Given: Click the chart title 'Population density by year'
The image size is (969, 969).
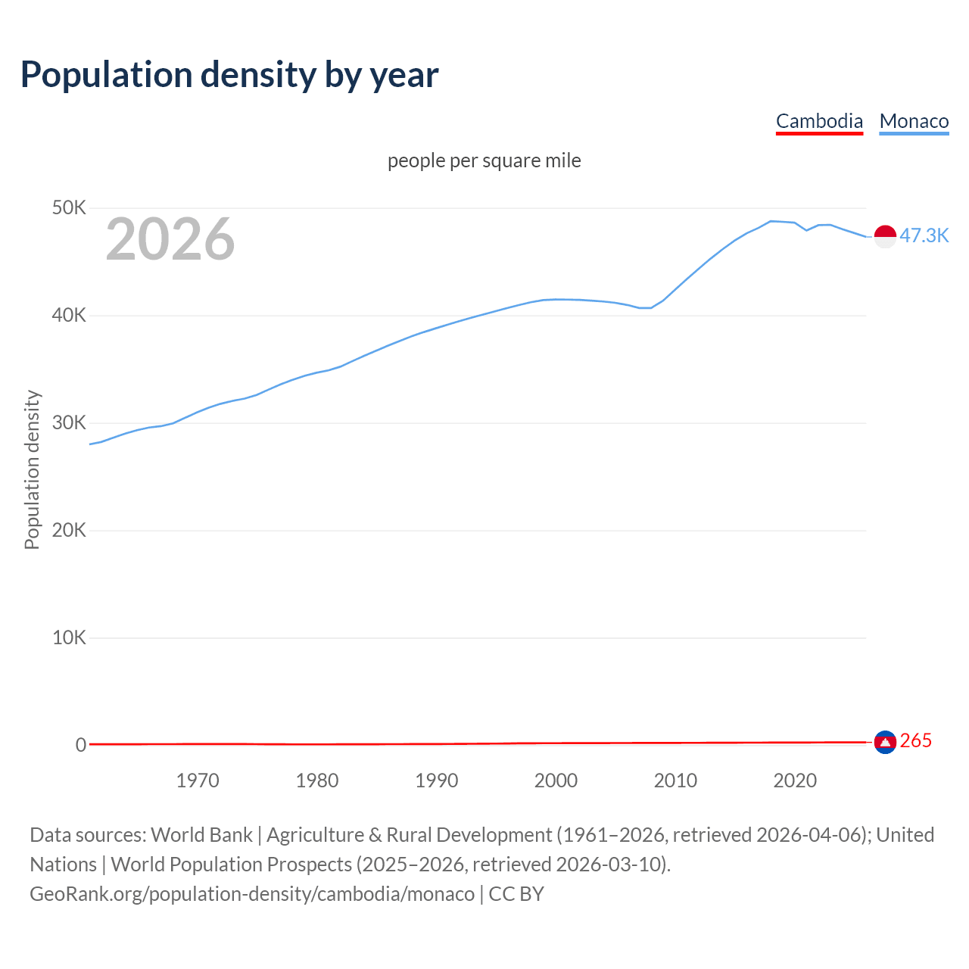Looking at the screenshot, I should tap(229, 75).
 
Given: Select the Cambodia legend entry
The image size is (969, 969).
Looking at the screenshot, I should tap(819, 121).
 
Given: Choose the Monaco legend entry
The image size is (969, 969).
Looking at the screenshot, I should tap(914, 121).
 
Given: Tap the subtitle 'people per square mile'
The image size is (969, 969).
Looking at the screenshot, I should tap(484, 160).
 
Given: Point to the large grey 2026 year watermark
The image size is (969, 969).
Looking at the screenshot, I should tap(170, 239).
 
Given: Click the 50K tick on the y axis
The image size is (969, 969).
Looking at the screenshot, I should tap(69, 208).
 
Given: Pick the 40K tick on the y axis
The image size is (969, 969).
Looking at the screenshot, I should tap(69, 316).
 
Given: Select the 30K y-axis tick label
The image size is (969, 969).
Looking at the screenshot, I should tap(69, 423).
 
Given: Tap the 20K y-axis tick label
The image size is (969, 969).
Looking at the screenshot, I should tap(69, 531).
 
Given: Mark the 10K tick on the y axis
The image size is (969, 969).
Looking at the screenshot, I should tap(69, 638).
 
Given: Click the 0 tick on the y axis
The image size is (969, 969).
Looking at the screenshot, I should tap(80, 746).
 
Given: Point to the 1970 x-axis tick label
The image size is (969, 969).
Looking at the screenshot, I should tap(198, 780).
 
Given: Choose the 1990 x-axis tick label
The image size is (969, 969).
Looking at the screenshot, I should tap(437, 780).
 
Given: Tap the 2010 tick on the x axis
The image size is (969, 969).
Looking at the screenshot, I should tap(675, 780).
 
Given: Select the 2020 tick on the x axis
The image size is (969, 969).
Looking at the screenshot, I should tap(795, 780).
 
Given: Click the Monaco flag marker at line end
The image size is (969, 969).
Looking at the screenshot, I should tap(885, 236).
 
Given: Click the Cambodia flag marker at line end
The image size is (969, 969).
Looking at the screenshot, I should tap(885, 743).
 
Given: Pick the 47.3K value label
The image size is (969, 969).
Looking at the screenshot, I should tap(924, 236).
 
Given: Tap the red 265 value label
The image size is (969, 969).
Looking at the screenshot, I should tap(916, 741).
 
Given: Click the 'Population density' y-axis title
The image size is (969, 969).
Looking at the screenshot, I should tap(32, 469).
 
